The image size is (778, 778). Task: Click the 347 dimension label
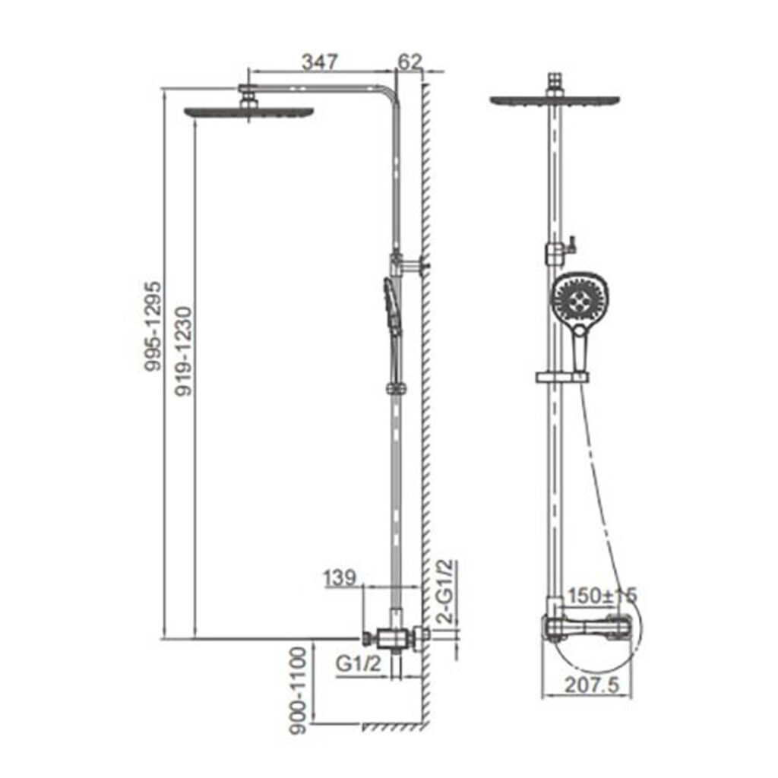pos(320,62)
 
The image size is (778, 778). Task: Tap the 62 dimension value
pos(410,62)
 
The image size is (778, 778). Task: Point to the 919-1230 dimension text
pos(184,351)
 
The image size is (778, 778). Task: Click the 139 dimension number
pos(340,578)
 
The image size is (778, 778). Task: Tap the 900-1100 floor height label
pos(298,690)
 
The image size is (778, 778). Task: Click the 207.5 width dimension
pos(593,685)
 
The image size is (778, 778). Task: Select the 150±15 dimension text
pos(602,596)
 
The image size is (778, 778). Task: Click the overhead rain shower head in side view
pos(248,112)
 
